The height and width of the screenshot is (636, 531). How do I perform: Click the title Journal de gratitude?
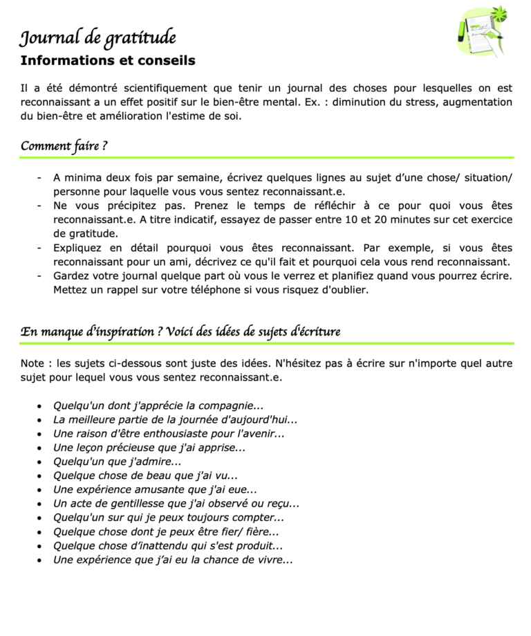tap(97, 37)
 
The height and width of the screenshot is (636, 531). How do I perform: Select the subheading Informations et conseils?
tap(108, 61)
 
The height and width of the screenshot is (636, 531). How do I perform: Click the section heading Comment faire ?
tap(64, 146)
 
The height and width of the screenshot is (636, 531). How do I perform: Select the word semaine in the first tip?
tap(201, 177)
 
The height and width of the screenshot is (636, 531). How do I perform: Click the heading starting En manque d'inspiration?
tap(180, 331)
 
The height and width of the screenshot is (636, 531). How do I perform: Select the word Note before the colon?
tap(32, 363)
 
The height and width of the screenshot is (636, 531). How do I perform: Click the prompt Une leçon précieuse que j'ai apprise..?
tap(149, 448)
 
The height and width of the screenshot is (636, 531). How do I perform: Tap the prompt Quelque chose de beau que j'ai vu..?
tap(145, 475)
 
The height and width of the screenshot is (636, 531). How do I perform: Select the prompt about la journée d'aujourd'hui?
tap(175, 419)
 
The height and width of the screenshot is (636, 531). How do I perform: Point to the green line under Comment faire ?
tap(267, 158)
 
